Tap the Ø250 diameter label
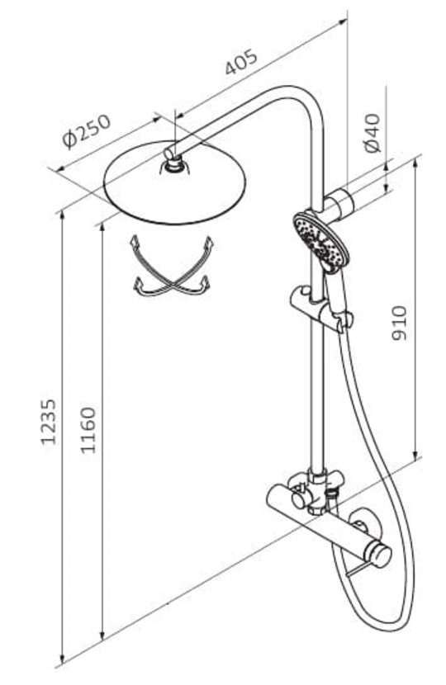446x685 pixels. pyautogui.click(x=86, y=131)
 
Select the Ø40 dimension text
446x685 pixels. pyautogui.click(x=373, y=133)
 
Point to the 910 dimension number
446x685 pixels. pyautogui.click(x=398, y=323)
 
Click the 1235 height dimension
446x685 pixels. pyautogui.click(x=49, y=422)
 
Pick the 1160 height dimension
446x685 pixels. pyautogui.click(x=88, y=430)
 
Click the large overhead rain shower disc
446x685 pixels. pyautogui.click(x=175, y=182)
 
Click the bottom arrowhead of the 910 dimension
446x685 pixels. pyautogui.click(x=415, y=455)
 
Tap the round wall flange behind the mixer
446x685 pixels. pyautogui.click(x=362, y=527)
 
